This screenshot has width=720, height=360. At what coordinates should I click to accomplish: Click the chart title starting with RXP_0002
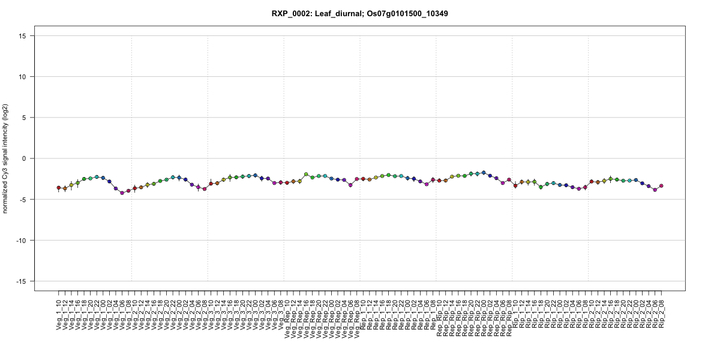(360, 13)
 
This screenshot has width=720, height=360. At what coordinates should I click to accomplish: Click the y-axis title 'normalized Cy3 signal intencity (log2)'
(7, 158)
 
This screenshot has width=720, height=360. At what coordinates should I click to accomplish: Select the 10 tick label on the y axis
(25, 77)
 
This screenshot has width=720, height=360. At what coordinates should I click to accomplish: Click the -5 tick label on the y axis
(25, 199)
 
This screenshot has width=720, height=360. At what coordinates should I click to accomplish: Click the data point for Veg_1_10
(59, 188)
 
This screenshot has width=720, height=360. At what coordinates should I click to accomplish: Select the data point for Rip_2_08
(661, 186)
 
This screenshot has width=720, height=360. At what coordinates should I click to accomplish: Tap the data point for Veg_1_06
(122, 193)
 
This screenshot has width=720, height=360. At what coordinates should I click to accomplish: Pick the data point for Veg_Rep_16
(306, 174)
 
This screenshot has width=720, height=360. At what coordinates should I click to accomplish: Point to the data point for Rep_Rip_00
(484, 173)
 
